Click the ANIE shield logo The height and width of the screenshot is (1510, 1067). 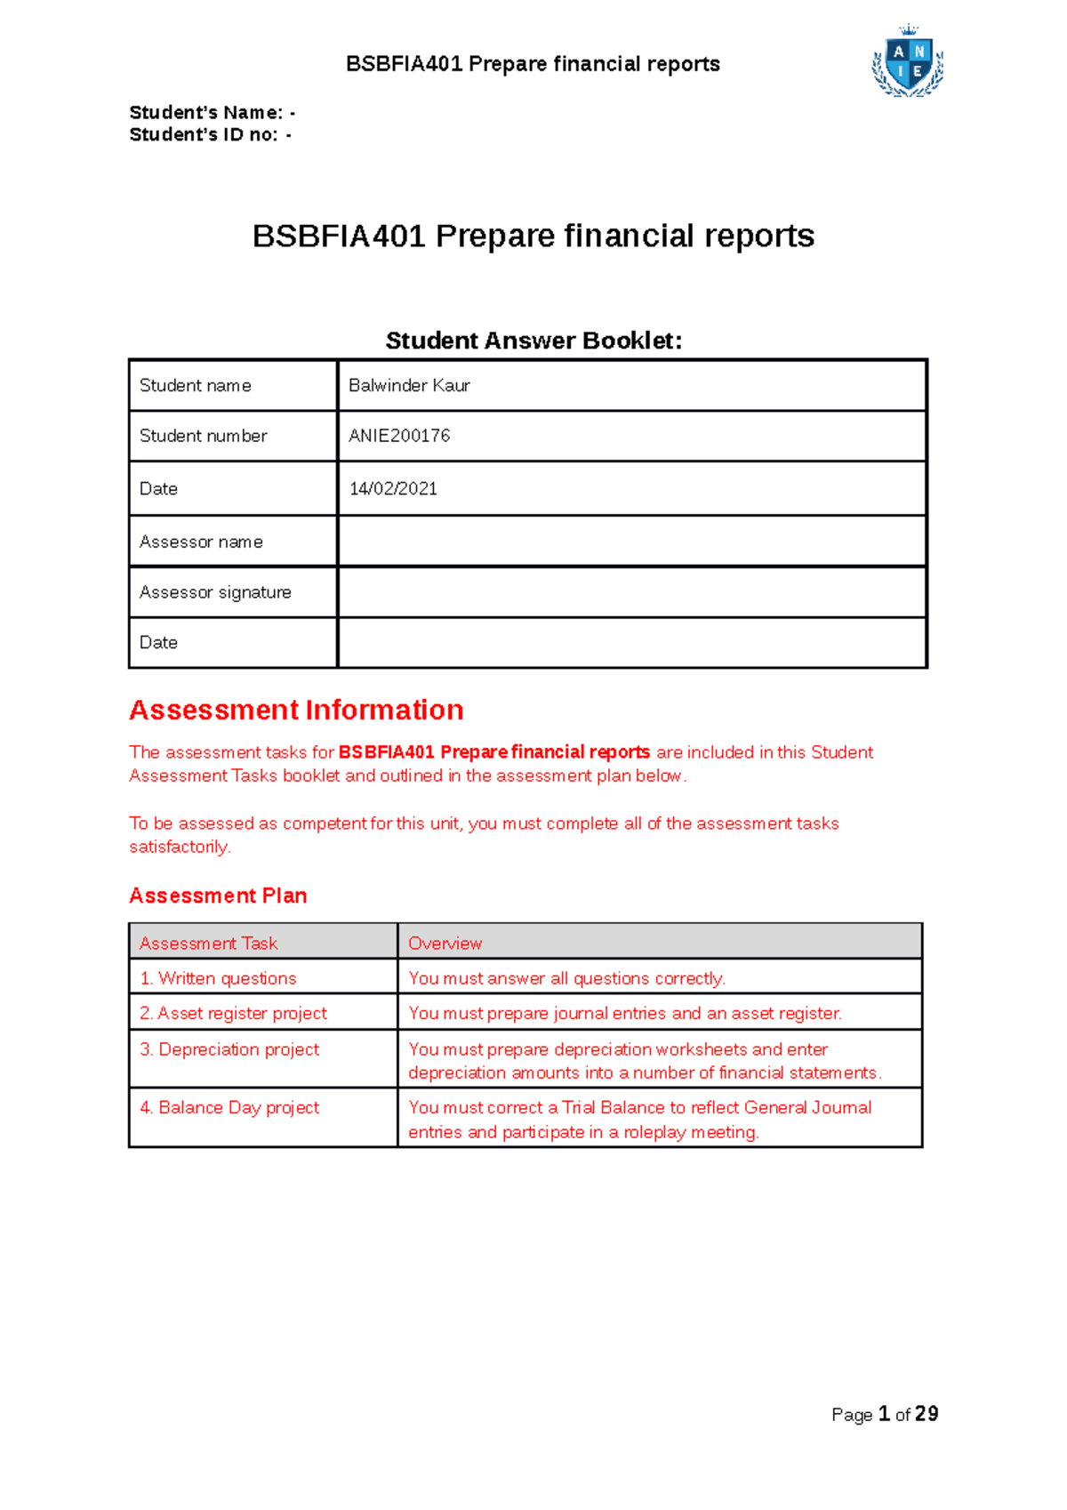(x=908, y=62)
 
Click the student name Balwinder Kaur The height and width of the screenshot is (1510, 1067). (x=409, y=385)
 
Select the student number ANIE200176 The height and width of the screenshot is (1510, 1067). (x=399, y=436)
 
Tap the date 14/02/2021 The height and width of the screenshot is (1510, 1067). (x=393, y=488)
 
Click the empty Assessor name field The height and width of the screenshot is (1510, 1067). (x=631, y=541)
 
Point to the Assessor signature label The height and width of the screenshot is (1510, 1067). (x=215, y=592)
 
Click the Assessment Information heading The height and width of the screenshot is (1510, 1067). (x=296, y=710)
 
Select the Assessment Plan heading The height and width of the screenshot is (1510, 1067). (x=218, y=896)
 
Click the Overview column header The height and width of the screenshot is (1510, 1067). (x=445, y=943)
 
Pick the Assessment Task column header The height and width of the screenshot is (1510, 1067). (x=208, y=943)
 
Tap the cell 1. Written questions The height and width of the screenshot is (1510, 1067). (x=218, y=978)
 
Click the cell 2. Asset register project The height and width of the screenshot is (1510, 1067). (x=233, y=1013)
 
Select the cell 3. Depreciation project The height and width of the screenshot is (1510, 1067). (x=229, y=1049)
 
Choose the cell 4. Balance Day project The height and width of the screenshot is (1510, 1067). (x=229, y=1107)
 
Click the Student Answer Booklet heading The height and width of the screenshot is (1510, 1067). (x=533, y=341)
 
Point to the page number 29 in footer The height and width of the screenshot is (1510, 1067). (x=927, y=1414)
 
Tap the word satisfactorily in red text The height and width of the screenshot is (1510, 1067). (x=179, y=847)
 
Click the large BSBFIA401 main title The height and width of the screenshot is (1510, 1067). (x=533, y=236)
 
